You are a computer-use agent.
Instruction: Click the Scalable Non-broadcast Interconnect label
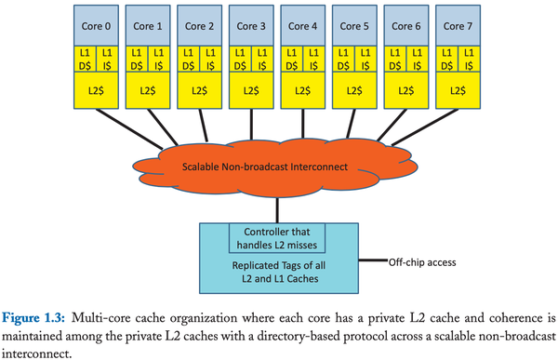click(279, 167)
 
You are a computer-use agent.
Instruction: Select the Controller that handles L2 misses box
click(279, 237)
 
